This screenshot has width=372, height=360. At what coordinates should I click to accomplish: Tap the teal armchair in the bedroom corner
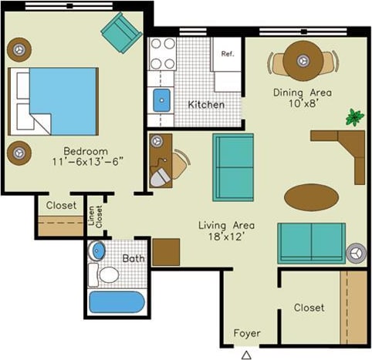[120, 32]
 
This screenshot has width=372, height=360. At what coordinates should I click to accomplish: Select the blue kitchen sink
[161, 99]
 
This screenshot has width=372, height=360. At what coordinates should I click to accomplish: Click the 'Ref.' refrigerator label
[227, 54]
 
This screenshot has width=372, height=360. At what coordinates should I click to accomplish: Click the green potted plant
[354, 118]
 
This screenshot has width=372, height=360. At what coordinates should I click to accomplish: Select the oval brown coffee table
[311, 197]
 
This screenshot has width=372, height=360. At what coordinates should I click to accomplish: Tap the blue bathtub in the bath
[116, 301]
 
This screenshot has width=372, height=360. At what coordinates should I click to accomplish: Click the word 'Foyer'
[247, 334]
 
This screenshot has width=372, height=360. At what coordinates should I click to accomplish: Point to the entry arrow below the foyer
[246, 355]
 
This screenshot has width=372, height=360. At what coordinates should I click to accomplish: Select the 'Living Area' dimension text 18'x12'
[226, 237]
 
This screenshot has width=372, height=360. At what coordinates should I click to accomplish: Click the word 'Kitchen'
[206, 104]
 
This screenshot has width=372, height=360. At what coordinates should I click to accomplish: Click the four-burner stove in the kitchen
[163, 54]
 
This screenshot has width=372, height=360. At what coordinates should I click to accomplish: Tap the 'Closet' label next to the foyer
[309, 308]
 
